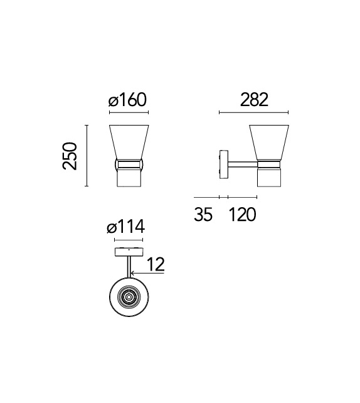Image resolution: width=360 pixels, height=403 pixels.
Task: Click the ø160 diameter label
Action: (x=127, y=100)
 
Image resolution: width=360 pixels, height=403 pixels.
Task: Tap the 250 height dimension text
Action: (x=70, y=156)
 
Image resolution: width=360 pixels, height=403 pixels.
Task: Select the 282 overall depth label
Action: (x=254, y=100)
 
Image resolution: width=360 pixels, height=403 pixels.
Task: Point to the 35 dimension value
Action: (x=203, y=214)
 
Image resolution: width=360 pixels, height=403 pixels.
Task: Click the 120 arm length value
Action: (x=242, y=214)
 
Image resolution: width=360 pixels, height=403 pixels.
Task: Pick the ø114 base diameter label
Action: (x=126, y=227)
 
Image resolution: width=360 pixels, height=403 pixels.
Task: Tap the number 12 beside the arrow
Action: (x=156, y=264)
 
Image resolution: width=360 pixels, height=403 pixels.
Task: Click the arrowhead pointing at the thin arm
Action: (x=132, y=273)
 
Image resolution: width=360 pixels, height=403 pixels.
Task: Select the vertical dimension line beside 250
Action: (x=87, y=156)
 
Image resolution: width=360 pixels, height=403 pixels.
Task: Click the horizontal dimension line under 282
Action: (x=254, y=112)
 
